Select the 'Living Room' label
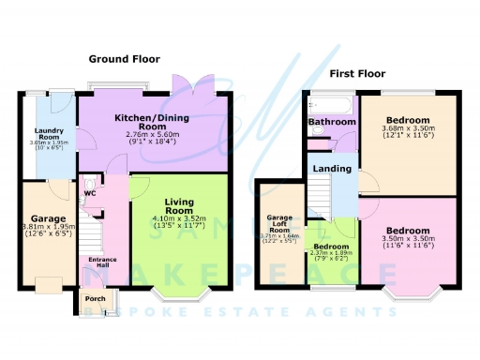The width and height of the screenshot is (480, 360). (178, 206)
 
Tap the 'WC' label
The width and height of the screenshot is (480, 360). (90, 194)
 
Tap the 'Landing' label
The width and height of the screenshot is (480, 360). (334, 169)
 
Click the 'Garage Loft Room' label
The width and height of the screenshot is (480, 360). (278, 224)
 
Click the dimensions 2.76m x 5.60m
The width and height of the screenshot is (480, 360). (152, 135)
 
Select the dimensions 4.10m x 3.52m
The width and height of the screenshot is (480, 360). (178, 219)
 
